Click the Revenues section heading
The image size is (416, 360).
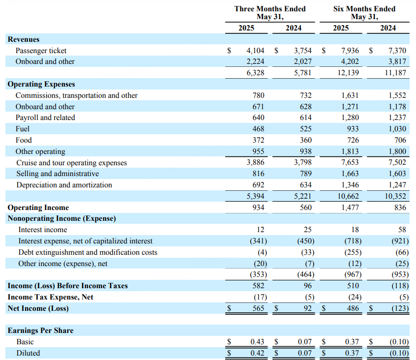[24, 39]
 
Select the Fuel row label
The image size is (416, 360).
[23, 129]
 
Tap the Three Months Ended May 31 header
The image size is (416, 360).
[270, 13]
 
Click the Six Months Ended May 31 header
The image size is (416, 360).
[364, 13]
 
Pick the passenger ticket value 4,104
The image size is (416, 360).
[255, 50]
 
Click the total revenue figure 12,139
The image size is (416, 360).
[348, 73]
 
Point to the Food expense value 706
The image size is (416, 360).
[400, 140]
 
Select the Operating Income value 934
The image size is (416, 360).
[258, 208]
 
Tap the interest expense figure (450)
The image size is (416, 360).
[306, 241]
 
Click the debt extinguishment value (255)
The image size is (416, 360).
[353, 252]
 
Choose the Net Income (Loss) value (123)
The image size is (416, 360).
[400, 308]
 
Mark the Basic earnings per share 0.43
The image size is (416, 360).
[257, 342]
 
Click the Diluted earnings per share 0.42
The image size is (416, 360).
[257, 353]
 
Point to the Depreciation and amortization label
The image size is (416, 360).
[64, 185]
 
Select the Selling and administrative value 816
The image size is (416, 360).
[258, 174]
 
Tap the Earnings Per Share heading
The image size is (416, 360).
[41, 330]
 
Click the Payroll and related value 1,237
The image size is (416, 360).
[397, 118]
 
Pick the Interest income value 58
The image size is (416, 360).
[402, 230]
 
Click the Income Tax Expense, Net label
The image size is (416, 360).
[51, 297]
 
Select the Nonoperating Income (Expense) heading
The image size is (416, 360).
[62, 218]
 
